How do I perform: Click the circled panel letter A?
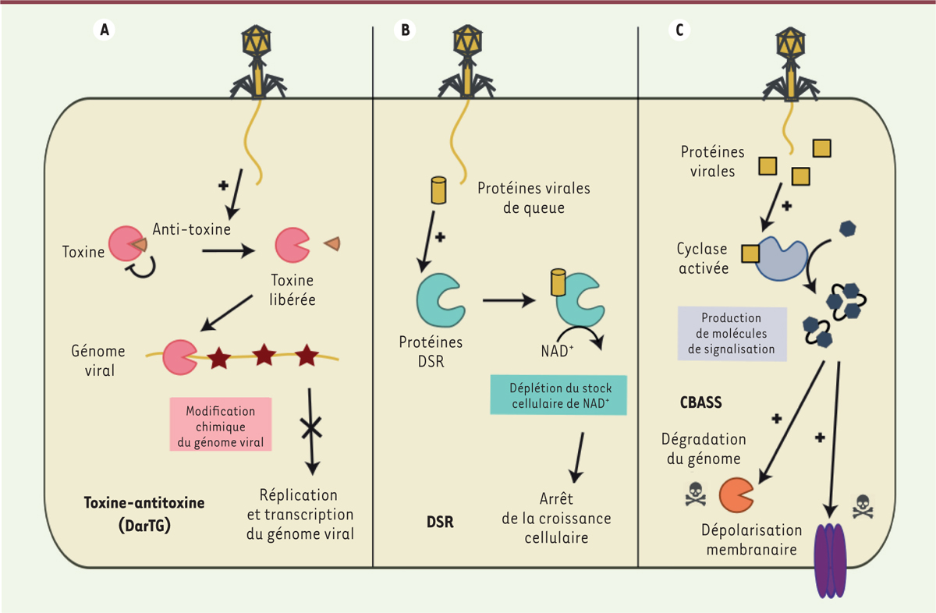[x=103, y=30]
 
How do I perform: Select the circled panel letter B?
[x=404, y=30]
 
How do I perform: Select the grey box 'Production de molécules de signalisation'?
[x=732, y=333]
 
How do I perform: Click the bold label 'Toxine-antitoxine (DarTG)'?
[x=144, y=514]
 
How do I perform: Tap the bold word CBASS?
[x=701, y=404]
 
